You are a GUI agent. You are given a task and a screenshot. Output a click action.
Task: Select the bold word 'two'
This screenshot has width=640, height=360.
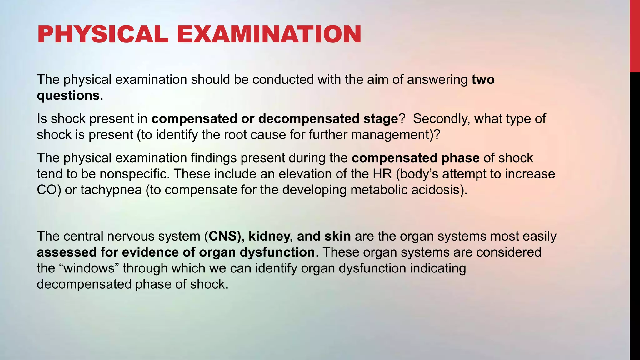click(483, 79)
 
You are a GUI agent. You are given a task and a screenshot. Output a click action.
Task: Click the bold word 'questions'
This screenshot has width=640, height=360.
click(68, 95)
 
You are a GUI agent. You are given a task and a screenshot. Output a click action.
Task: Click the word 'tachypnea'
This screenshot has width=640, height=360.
click(111, 190)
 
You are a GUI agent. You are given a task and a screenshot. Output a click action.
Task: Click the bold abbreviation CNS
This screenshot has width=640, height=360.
click(222, 236)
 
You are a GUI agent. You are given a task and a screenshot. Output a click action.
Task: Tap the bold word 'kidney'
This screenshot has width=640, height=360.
click(271, 236)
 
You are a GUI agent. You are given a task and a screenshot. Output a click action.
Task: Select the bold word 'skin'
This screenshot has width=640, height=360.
click(337, 236)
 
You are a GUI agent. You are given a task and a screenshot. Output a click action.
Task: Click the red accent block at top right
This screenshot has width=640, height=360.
click(635, 36)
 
